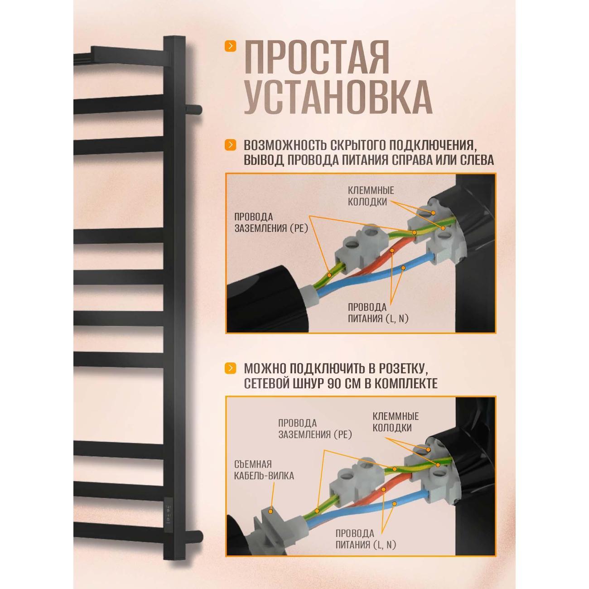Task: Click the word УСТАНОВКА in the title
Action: tap(338, 97)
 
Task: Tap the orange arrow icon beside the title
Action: tap(231, 46)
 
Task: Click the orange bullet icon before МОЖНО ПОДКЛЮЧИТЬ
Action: tap(231, 367)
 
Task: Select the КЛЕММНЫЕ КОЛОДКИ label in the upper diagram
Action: tap(370, 196)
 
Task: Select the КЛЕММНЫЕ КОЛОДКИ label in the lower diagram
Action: tap(395, 422)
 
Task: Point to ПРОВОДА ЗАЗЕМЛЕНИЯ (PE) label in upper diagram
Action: tap(271, 223)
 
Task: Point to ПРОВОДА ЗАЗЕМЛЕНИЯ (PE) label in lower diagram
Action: tap(315, 429)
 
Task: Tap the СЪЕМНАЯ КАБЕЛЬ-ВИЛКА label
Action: tap(264, 470)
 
